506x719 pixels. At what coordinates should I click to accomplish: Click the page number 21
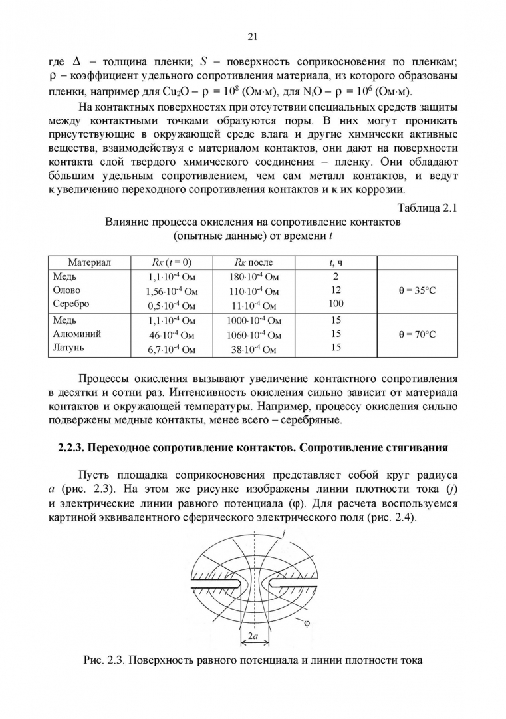[253, 36]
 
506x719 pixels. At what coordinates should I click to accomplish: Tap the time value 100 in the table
[336, 304]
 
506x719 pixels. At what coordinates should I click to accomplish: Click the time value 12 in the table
[336, 290]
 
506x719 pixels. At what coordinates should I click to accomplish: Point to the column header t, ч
[336, 262]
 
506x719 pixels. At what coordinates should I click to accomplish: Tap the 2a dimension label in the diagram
[253, 636]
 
